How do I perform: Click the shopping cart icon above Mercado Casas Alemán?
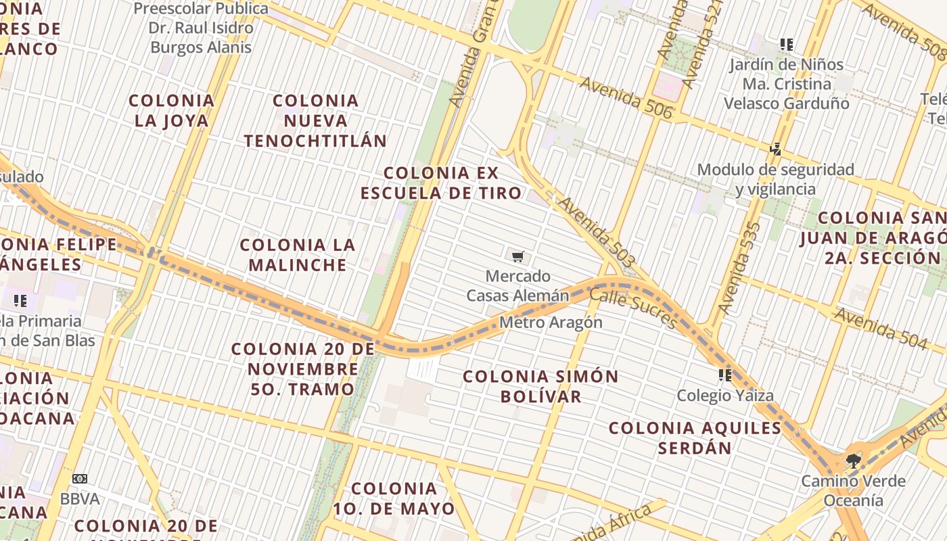pos(517,256)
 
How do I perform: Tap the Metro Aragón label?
pos(551,322)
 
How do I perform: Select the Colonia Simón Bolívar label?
pos(540,386)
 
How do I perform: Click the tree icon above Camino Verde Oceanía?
pos(853,461)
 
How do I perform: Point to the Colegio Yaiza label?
pos(725,395)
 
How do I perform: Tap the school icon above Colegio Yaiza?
pos(725,375)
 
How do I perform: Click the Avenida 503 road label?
pos(597,232)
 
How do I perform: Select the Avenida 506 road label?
pos(626,98)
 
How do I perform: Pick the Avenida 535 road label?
pos(739,268)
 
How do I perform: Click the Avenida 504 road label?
pos(879,329)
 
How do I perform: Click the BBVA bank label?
pos(80,499)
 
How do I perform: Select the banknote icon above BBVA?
pos(80,479)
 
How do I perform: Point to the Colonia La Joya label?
pos(171,111)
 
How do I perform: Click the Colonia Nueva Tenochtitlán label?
pos(315,121)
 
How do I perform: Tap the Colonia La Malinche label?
pos(298,254)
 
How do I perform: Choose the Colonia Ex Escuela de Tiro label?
pos(441,183)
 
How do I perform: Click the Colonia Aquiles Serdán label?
pos(695,438)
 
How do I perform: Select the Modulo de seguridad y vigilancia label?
pos(775,179)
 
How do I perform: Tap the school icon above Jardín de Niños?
pos(786,45)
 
